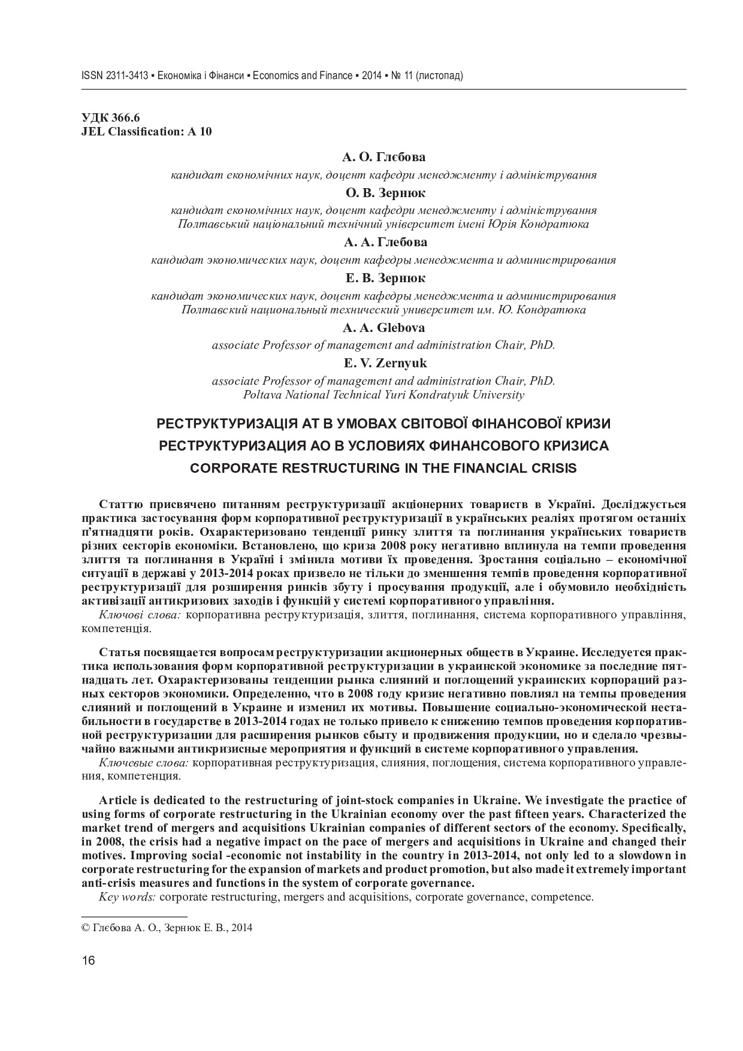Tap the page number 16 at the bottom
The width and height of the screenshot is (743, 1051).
pyautogui.click(x=88, y=961)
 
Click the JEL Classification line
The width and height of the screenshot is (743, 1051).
pyautogui.click(x=146, y=132)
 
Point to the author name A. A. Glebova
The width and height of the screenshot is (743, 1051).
pyautogui.click(x=383, y=328)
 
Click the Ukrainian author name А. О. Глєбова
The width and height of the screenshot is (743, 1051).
pyautogui.click(x=384, y=158)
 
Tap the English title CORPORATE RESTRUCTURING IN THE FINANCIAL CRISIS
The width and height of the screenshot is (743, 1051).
pyautogui.click(x=383, y=469)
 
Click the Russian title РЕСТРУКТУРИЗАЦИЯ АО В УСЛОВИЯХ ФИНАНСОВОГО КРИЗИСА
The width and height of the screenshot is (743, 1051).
pyautogui.click(x=383, y=446)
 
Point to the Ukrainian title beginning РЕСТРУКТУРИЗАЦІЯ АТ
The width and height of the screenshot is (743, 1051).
pyautogui.click(x=383, y=424)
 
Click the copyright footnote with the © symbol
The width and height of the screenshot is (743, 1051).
pyautogui.click(x=167, y=928)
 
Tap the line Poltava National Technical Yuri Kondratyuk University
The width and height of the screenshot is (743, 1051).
pyautogui.click(x=383, y=395)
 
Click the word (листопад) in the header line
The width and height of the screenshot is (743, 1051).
pyautogui.click(x=439, y=76)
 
